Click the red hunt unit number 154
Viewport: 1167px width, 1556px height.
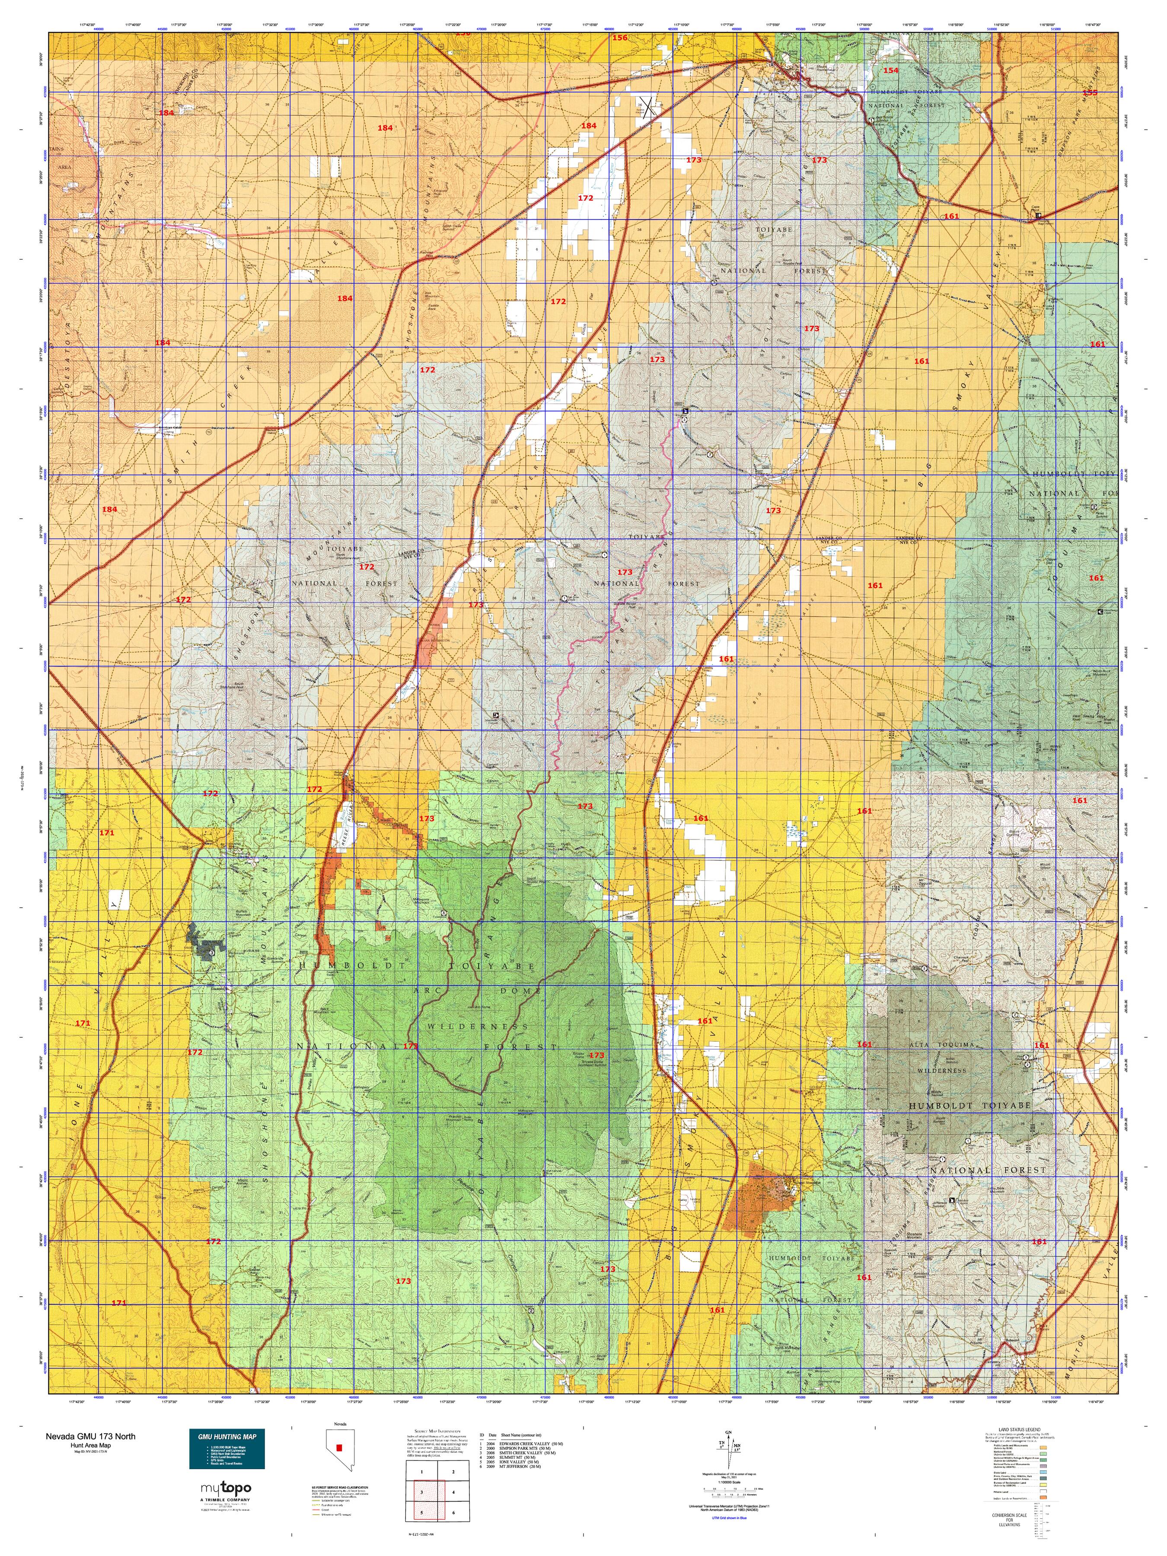click(x=890, y=70)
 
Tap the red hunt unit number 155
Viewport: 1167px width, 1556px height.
click(x=1089, y=92)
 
